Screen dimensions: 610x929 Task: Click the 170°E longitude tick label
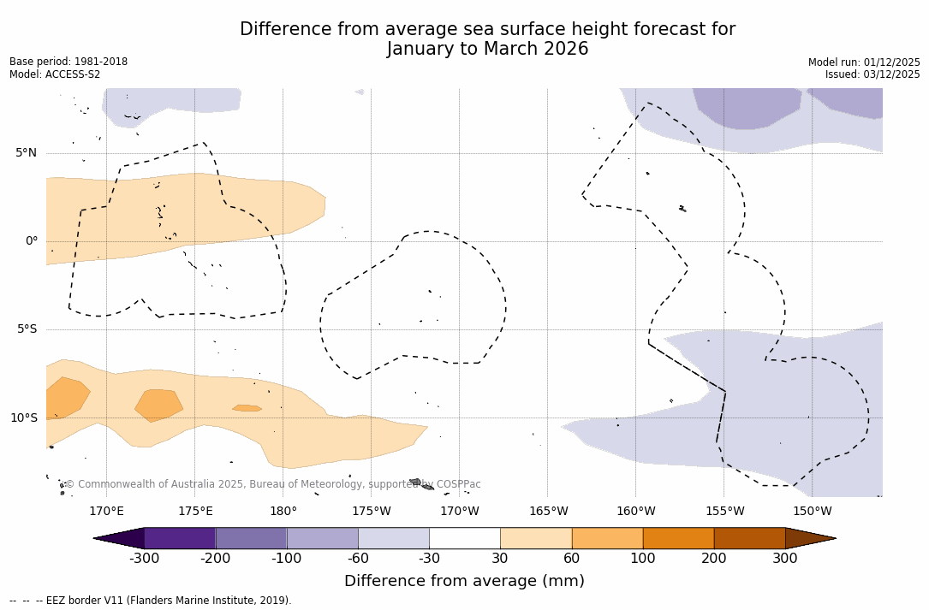tap(106, 512)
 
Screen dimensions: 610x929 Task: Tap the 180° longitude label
tap(283, 512)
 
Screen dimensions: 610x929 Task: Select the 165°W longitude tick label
tap(548, 512)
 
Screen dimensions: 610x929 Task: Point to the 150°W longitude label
tap(812, 512)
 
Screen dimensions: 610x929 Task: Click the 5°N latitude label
tap(26, 153)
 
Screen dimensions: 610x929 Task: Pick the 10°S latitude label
tap(23, 418)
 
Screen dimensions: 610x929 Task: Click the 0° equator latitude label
tap(31, 241)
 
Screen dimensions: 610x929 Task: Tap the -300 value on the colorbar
tap(144, 559)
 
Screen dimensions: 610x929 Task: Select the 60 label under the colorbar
tap(571, 559)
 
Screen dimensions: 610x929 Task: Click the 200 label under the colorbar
tap(713, 559)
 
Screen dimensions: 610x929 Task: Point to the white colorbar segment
tap(464, 538)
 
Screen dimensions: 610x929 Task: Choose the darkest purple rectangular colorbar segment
tap(180, 538)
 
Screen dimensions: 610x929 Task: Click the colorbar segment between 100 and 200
tap(677, 538)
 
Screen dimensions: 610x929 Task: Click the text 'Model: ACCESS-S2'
tap(55, 74)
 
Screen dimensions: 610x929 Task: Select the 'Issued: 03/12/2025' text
tap(872, 74)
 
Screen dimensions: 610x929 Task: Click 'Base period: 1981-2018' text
tap(68, 62)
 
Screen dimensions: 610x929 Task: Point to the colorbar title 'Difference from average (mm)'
tap(464, 582)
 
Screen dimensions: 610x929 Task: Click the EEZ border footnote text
tap(151, 601)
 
